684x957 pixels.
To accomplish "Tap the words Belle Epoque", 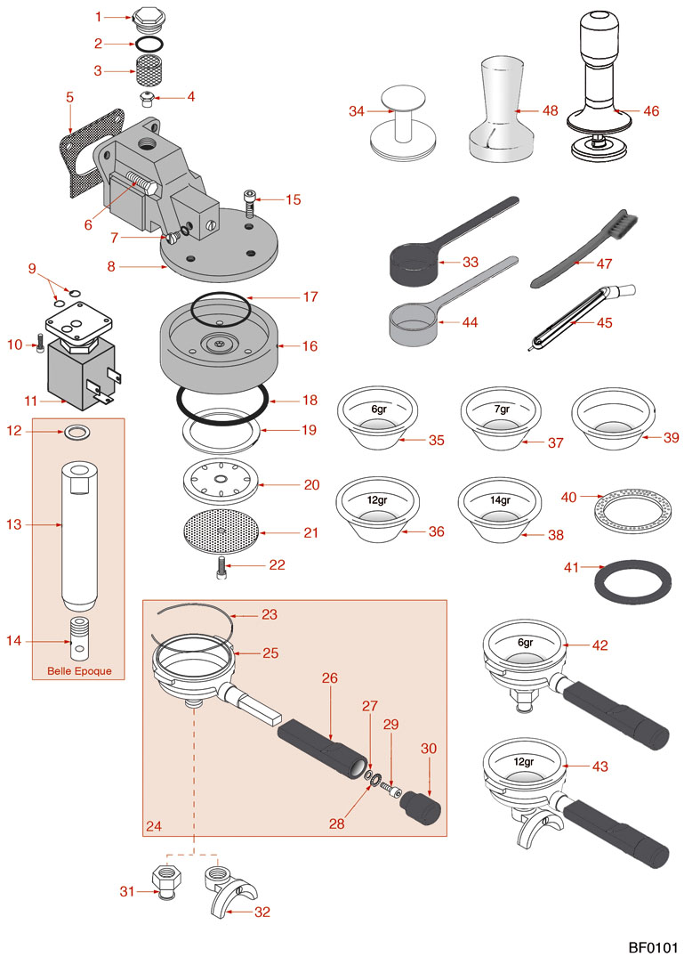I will coord(78,670).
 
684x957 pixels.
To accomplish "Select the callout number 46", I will coord(651,112).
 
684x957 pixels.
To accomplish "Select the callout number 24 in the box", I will coord(154,827).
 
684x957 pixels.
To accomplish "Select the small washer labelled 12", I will coord(77,434).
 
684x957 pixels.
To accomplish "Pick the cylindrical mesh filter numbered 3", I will coord(143,69).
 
